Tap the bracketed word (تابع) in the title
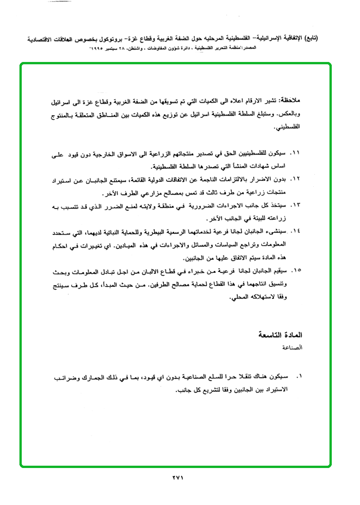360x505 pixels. pos(309,39)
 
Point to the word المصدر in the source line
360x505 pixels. pos(303,48)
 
